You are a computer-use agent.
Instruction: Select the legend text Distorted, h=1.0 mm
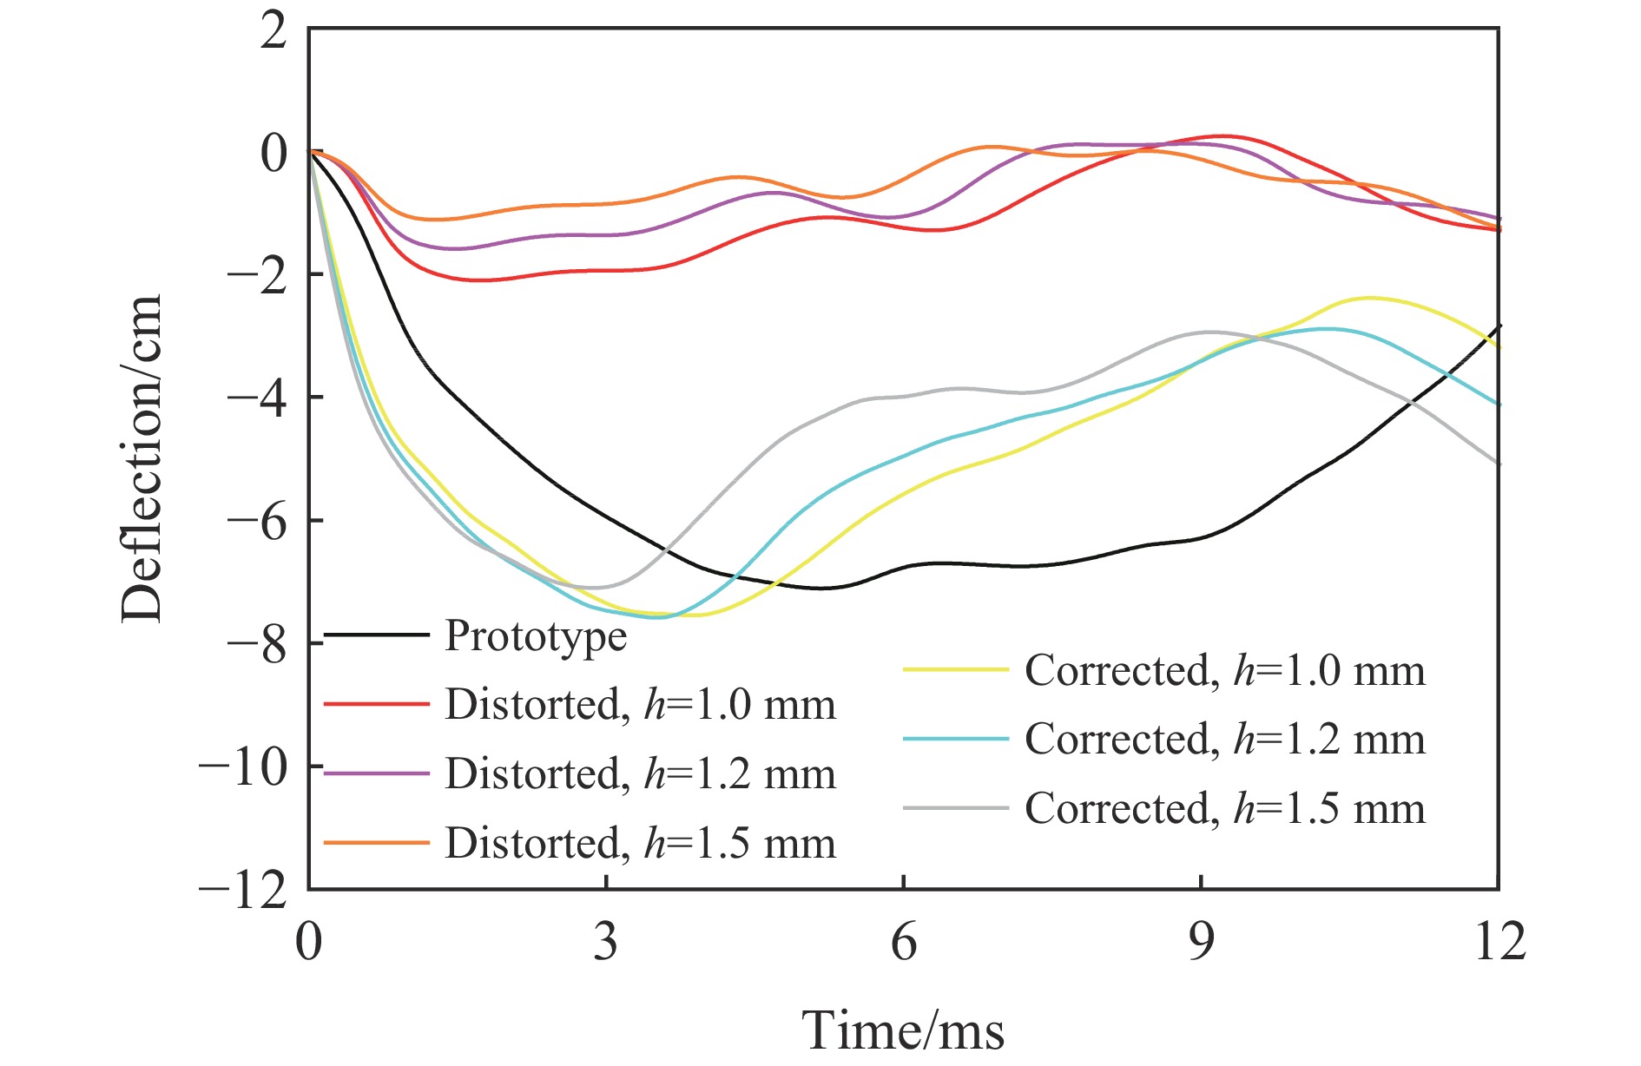point(640,704)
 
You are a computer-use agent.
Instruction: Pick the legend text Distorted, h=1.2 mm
point(640,773)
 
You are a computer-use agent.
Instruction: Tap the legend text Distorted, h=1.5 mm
point(640,843)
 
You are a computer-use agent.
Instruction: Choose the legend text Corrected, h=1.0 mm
point(1224,670)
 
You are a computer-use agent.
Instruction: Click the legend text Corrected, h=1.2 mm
point(1224,739)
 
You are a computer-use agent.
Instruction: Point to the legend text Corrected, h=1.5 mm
point(1224,808)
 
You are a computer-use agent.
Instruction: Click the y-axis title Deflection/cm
point(142,458)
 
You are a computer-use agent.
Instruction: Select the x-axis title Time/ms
point(903,1030)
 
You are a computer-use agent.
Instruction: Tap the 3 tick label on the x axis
point(606,941)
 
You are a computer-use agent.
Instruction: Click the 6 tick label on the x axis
point(904,941)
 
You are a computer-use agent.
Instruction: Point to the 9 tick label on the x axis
point(1201,941)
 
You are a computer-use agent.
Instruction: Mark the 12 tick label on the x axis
point(1499,941)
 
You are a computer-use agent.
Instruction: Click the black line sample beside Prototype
point(377,635)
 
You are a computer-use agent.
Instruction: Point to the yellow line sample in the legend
point(956,670)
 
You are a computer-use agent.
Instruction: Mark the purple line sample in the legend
point(377,773)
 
